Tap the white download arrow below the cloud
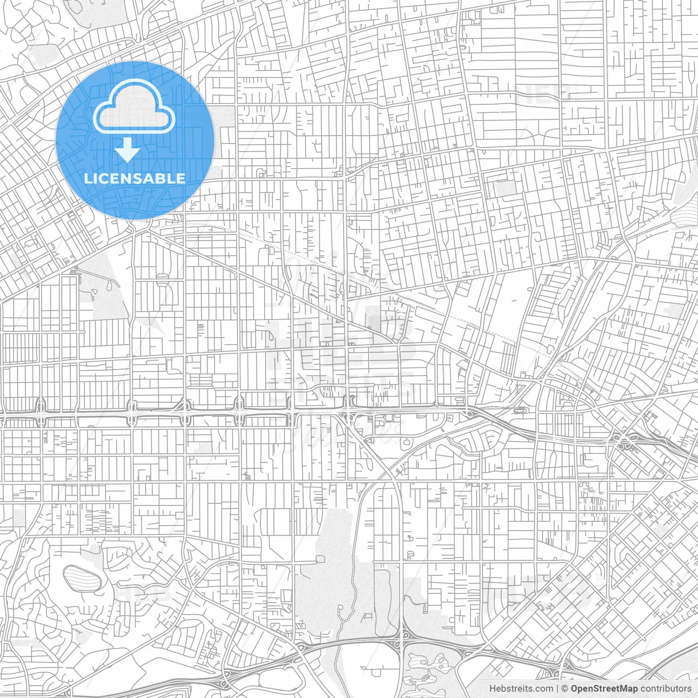click(x=127, y=150)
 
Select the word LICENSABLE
click(x=135, y=178)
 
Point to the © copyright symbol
click(x=565, y=689)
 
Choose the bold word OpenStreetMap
click(x=604, y=689)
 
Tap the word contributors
click(x=666, y=689)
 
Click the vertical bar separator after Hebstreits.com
click(x=557, y=689)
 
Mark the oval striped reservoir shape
click(x=82, y=577)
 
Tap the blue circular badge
click(x=135, y=140)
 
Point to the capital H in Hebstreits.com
click(x=492, y=689)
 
